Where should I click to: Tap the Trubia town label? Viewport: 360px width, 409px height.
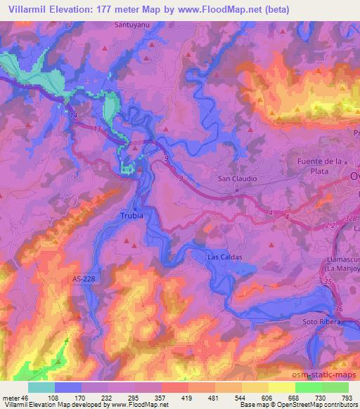131,216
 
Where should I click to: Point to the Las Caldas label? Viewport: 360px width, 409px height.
224,257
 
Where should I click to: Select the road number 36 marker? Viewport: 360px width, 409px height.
339,309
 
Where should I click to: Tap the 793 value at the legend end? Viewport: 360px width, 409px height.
347,397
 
